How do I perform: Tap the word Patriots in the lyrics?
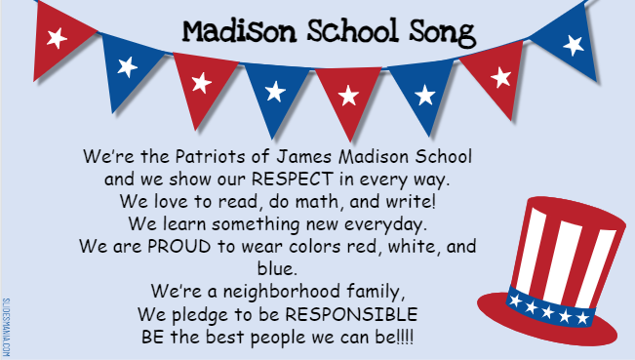tap(191, 157)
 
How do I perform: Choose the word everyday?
tap(399, 224)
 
